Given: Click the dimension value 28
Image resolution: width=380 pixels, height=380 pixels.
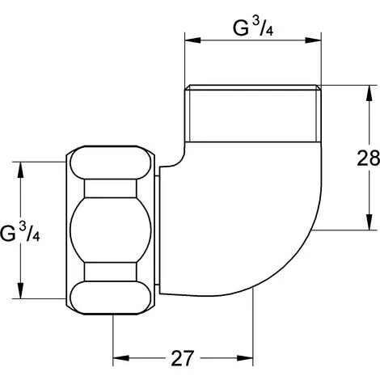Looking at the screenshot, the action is (368, 158).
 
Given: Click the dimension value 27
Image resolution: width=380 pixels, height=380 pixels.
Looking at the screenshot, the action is (183, 358).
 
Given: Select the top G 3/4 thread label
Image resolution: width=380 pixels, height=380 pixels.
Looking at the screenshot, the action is (253, 28).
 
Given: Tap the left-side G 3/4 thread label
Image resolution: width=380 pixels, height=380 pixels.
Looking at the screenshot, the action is (20, 233).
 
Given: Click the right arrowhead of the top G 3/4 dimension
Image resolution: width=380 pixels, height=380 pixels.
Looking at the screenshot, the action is (313, 40).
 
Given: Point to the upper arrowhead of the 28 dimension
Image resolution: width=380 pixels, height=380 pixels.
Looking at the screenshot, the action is (369, 93).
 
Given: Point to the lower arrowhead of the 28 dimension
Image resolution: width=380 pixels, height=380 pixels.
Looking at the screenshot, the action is (369, 222).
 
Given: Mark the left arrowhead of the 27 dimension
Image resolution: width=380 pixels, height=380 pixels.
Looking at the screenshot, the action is (121, 358).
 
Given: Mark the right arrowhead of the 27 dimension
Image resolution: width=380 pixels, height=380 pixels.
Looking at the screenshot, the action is (245, 358).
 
